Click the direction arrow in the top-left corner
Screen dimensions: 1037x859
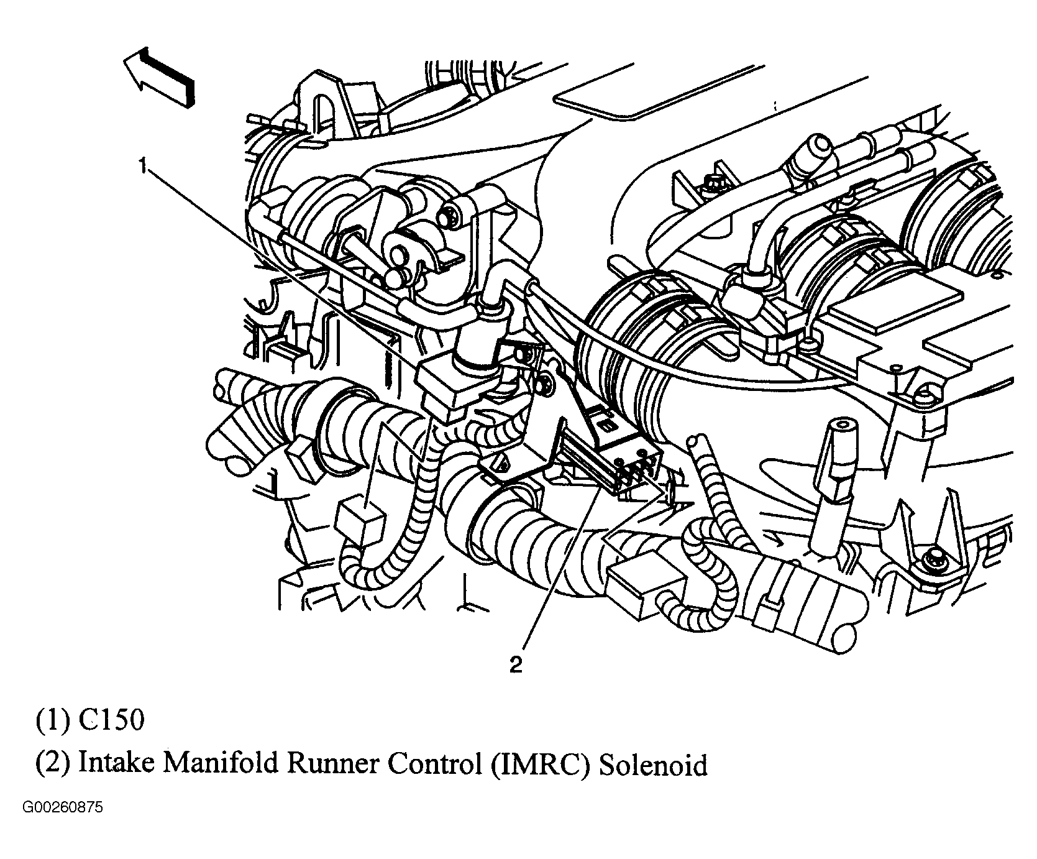(158, 77)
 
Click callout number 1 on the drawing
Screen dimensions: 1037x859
(143, 167)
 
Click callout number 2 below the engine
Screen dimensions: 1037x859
(516, 665)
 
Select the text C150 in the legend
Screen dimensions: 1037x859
(112, 720)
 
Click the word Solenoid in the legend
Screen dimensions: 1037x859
(653, 765)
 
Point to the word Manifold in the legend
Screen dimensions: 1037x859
(224, 765)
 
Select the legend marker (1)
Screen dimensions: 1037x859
(53, 720)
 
